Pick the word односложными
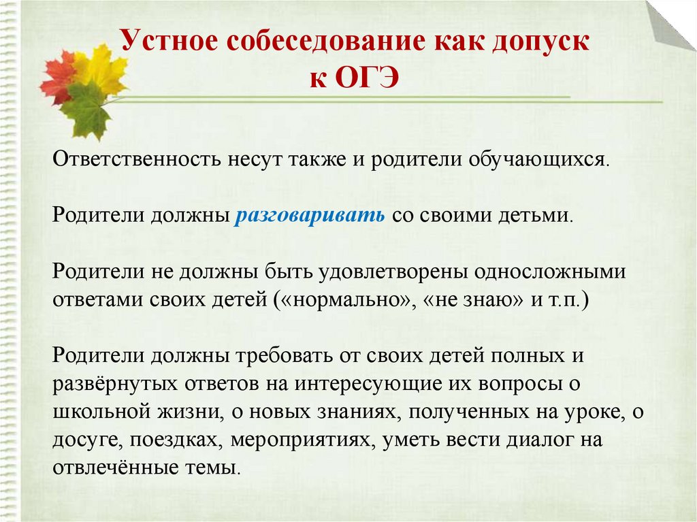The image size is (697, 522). click(x=550, y=272)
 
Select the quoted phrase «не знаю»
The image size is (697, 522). click(x=474, y=300)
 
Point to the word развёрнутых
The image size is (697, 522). click(x=116, y=384)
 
